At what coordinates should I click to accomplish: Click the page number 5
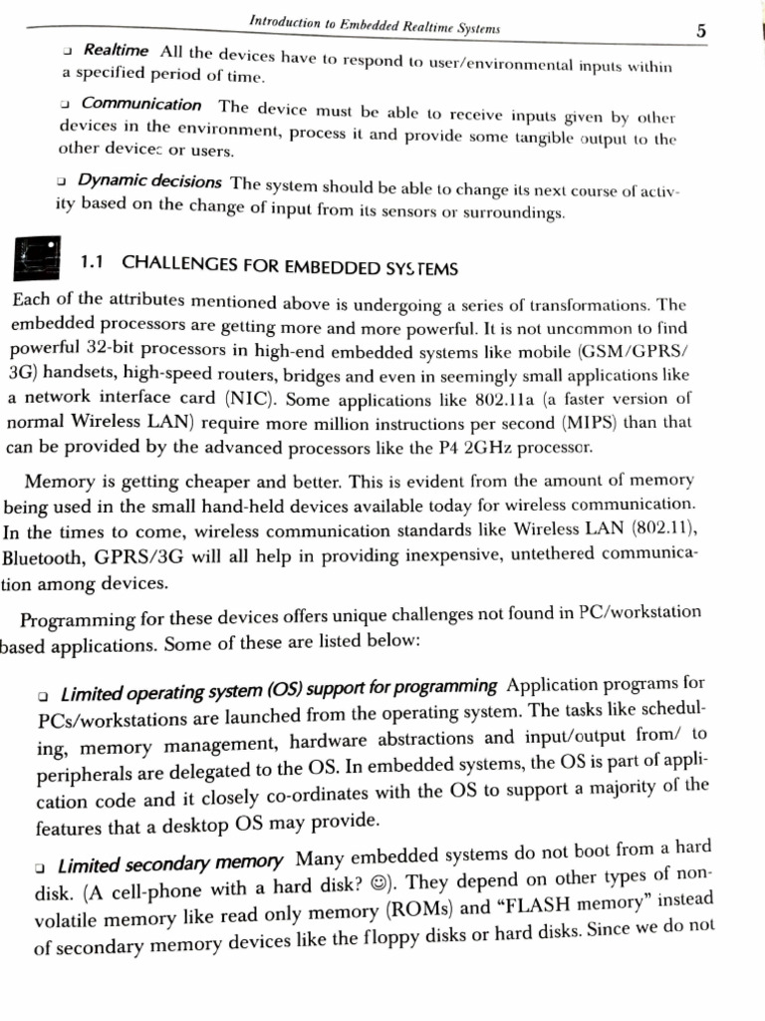(702, 31)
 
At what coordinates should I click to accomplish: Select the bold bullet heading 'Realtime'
(116, 50)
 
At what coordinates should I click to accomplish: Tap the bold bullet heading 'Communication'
(140, 105)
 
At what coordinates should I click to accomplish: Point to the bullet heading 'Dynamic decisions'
(149, 181)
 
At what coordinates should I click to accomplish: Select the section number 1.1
(93, 263)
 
